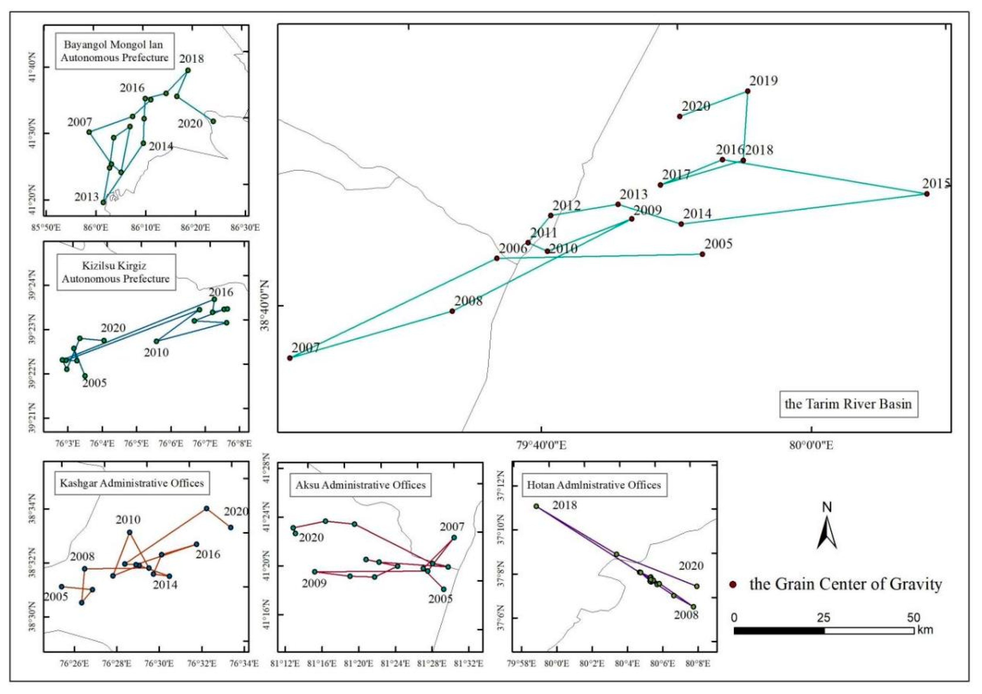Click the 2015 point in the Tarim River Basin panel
tap(926, 194)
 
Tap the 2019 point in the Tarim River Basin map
tap(747, 91)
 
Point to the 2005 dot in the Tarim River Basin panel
tap(702, 254)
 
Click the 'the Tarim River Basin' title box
tap(848, 404)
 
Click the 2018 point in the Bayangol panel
tap(188, 70)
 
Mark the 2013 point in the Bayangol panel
tap(103, 202)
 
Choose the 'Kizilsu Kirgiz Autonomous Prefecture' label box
tap(116, 272)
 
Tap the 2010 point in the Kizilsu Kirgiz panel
tap(156, 341)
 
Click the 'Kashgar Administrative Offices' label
tap(132, 483)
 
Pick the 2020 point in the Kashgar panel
tap(231, 527)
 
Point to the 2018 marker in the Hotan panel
tap(536, 506)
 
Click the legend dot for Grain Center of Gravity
tap(733, 585)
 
